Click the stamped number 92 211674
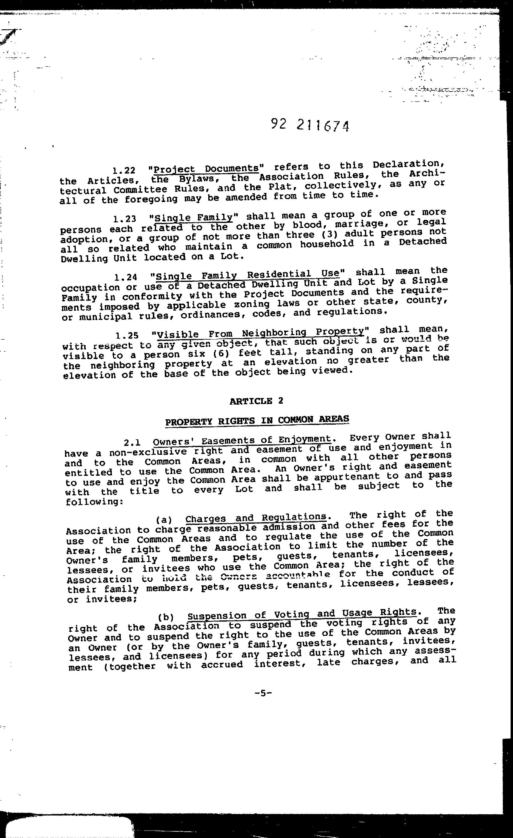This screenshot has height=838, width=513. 310,125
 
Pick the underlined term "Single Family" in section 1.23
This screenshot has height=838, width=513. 193,217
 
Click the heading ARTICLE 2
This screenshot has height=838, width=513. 256,401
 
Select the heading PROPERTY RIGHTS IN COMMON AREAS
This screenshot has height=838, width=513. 257,420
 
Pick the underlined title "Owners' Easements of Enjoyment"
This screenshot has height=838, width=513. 242,441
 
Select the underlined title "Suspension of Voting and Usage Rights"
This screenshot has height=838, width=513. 302,614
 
